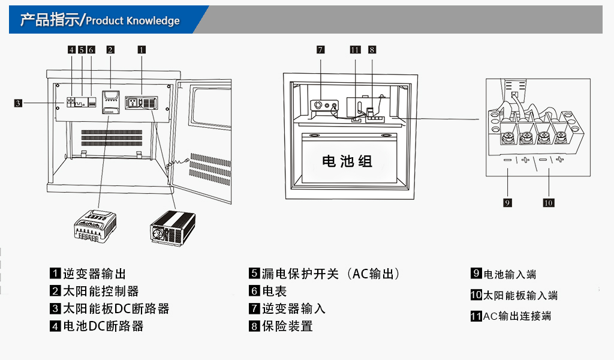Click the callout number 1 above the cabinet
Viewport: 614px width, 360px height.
(142, 50)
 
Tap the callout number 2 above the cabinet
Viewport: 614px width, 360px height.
(110, 50)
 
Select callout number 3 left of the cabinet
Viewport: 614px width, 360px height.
(18, 103)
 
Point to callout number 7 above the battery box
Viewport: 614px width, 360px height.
(321, 50)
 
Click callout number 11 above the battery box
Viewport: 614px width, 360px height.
(355, 50)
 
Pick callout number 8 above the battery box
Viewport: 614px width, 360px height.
(372, 50)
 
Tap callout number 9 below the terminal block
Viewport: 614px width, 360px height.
(507, 203)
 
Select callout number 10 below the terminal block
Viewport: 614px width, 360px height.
(548, 203)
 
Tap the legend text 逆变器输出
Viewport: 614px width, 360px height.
(95, 274)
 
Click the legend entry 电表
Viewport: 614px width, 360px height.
(275, 291)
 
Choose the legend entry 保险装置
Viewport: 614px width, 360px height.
(287, 326)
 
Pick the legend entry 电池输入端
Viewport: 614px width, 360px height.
(510, 274)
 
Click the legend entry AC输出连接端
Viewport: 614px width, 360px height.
(517, 316)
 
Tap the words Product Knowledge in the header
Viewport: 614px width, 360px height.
(133, 21)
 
